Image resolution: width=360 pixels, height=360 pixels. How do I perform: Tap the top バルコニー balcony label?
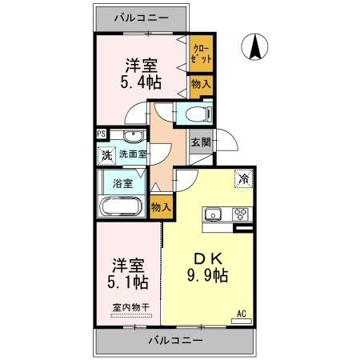click(x=141, y=16)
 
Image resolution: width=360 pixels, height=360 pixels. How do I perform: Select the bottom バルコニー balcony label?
click(x=175, y=341)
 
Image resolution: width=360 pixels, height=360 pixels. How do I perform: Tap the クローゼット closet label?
click(x=200, y=54)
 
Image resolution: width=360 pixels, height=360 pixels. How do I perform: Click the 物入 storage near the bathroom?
click(x=161, y=206)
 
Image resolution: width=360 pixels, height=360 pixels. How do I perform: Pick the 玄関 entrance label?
click(x=200, y=144)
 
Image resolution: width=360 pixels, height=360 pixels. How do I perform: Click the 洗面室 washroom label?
click(x=133, y=154)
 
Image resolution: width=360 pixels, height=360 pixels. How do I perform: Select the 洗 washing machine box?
click(x=106, y=155)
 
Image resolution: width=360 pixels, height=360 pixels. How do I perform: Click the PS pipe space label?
click(x=101, y=134)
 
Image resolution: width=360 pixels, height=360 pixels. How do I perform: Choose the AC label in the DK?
click(x=241, y=314)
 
